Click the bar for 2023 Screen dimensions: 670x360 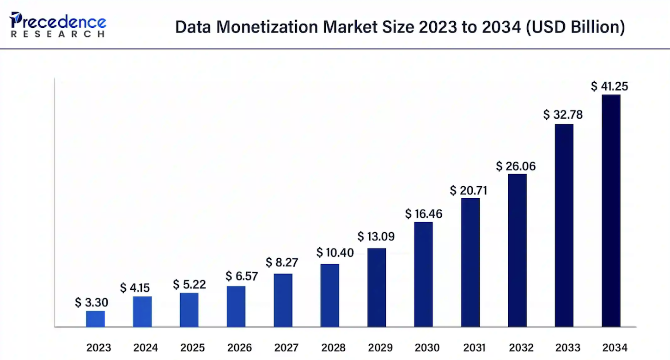click(x=95, y=319)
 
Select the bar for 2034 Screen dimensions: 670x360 click(x=611, y=211)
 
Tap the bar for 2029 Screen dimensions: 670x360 click(x=377, y=287)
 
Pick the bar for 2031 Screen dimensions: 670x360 click(x=470, y=262)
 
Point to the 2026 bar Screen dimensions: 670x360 click(x=236, y=306)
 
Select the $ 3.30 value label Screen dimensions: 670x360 click(x=91, y=302)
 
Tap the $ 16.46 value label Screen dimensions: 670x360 click(x=424, y=214)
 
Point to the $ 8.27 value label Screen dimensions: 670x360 click(x=282, y=262)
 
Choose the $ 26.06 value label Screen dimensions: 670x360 click(x=516, y=166)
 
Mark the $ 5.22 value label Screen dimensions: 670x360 click(x=189, y=284)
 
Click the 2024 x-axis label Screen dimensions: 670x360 click(x=146, y=348)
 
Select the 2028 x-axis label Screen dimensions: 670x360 click(x=333, y=348)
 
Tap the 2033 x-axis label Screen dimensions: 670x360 click(x=568, y=348)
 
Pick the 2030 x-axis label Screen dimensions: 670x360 click(x=427, y=348)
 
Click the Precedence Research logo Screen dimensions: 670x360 click(x=58, y=24)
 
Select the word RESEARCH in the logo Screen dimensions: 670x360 click(x=58, y=34)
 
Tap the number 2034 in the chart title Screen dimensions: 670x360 click(x=501, y=27)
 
